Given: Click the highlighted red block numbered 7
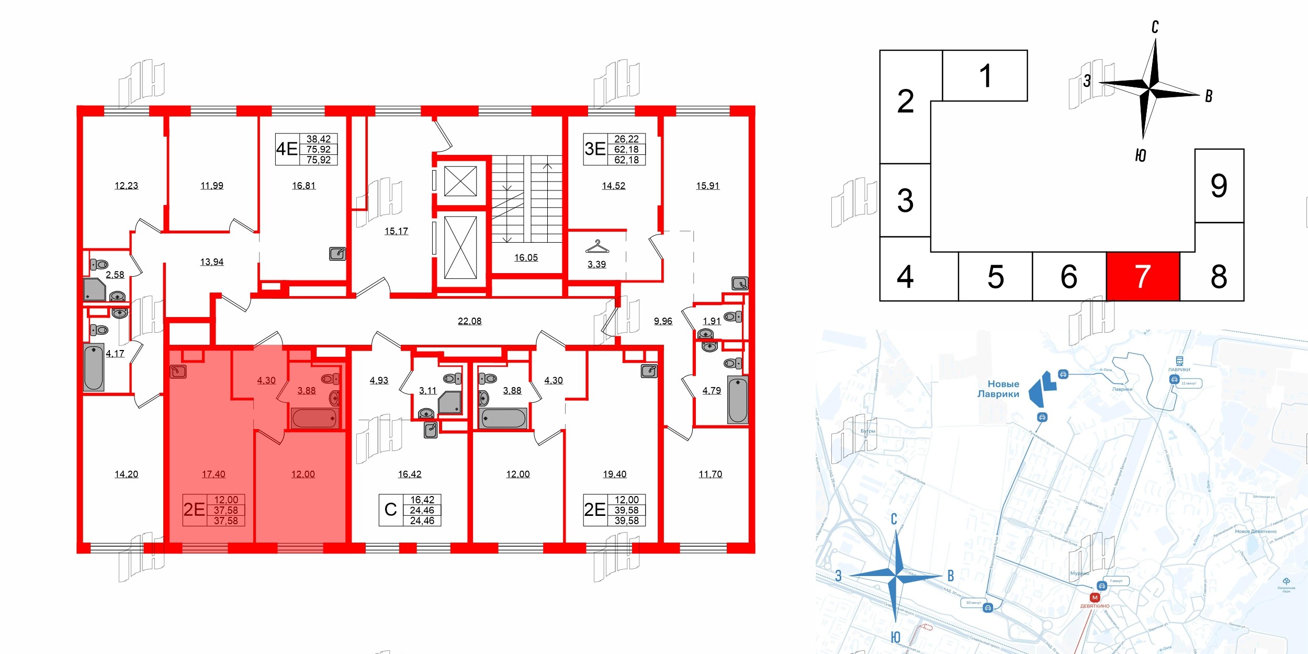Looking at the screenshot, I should [1143, 276].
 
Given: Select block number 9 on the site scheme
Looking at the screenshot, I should [1219, 186].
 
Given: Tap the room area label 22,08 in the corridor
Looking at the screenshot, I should [469, 321].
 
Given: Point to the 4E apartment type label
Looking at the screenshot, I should [287, 149].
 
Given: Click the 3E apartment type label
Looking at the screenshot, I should [595, 149].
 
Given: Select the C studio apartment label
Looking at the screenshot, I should [390, 510].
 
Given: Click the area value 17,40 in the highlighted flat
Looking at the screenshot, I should [213, 474].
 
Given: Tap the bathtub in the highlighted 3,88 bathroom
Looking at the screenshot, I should [314, 419].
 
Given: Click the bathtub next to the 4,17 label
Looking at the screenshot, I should [94, 367].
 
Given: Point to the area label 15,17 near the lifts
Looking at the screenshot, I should [396, 231].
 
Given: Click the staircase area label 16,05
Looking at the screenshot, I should [526, 257].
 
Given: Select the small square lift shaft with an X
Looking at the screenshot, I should [460, 181].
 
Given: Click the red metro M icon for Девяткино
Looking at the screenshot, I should [1095, 597].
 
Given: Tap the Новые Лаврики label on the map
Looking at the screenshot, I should [998, 389].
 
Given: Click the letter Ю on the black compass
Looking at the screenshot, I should [1141, 155].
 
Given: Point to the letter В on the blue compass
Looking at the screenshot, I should [951, 576].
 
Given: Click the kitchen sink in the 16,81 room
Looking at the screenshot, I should [337, 254].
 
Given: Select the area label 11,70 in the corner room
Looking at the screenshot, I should [710, 474].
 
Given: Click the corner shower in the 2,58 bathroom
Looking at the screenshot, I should [94, 289].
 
